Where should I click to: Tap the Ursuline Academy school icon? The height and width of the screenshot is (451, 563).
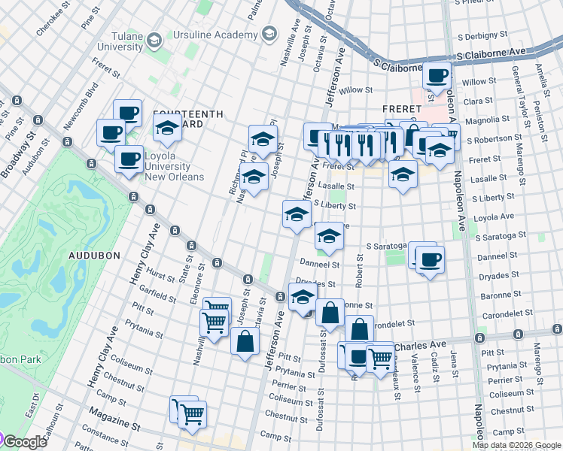tap(269, 35)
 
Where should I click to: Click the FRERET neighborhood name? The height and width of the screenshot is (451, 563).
tap(399, 88)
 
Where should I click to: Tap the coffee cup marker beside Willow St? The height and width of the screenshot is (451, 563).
tap(437, 76)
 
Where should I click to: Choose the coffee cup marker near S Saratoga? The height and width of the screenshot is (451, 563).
tap(430, 260)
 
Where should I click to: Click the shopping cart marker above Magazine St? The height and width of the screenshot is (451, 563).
tap(193, 413)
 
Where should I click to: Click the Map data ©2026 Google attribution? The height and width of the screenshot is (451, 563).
tap(516, 445)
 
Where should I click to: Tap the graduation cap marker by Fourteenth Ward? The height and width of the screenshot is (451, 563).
tap(167, 128)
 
